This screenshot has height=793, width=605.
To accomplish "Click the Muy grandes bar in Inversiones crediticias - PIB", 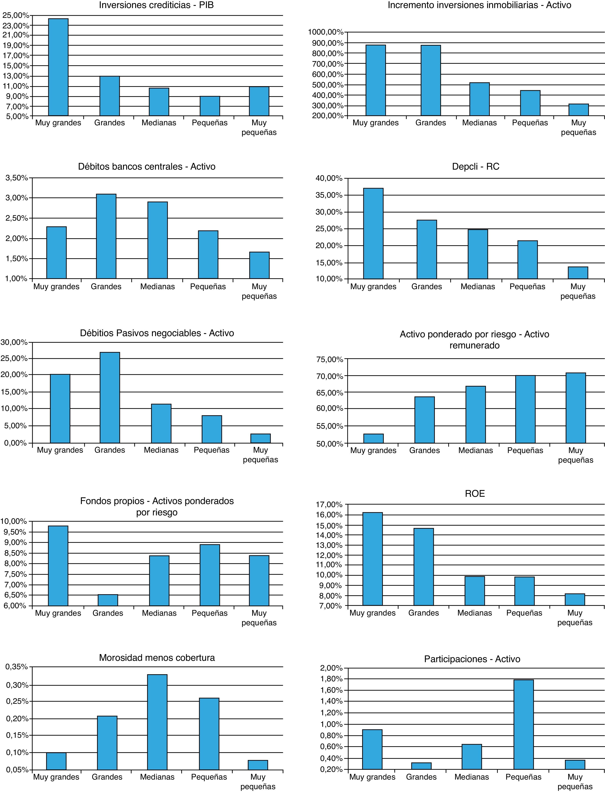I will pos(58,67).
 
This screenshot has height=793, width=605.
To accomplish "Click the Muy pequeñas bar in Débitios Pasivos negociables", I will pos(260,438).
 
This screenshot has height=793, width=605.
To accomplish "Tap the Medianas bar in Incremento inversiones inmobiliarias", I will pos(479,99).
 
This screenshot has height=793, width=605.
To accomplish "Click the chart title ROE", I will pos(475,493).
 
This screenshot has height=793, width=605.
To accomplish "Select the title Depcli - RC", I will pos(475,167).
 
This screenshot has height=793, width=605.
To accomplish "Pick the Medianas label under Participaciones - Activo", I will pos(471,777).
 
